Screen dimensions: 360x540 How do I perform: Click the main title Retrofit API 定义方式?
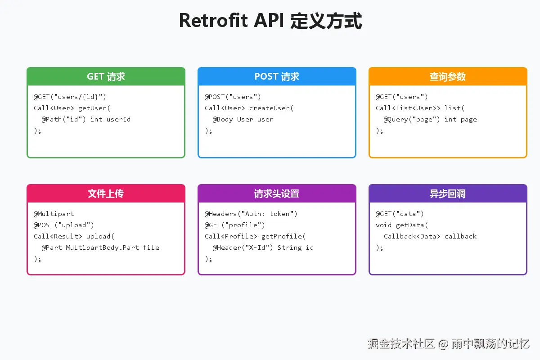pyautogui.click(x=270, y=21)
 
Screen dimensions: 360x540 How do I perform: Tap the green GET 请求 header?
pyautogui.click(x=106, y=76)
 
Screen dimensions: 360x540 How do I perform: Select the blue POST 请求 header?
pyautogui.click(x=277, y=76)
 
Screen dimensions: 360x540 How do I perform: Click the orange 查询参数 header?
pyautogui.click(x=448, y=76)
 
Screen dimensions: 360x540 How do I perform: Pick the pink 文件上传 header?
pyautogui.click(x=106, y=193)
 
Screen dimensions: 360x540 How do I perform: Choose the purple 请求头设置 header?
pyautogui.click(x=277, y=193)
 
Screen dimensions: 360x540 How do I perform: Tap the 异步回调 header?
pyautogui.click(x=448, y=193)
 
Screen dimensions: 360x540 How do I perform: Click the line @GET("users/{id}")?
pyautogui.click(x=70, y=97)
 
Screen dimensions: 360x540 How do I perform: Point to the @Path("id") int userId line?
pyautogui.click(x=86, y=119)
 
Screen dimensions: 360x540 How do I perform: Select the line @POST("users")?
pyautogui.click(x=233, y=97)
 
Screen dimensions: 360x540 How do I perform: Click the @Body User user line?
pyautogui.click(x=243, y=119)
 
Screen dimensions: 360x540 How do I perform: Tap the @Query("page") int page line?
pyautogui.click(x=430, y=119)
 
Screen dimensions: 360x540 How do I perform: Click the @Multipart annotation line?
pyautogui.click(x=54, y=214)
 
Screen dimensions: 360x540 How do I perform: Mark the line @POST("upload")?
pyautogui.click(x=64, y=225)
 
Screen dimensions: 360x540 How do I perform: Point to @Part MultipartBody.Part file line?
pyautogui.click(x=100, y=247)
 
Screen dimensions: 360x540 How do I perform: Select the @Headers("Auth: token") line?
pyautogui.click(x=251, y=214)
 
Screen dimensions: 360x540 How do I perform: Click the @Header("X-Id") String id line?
pyautogui.click(x=263, y=247)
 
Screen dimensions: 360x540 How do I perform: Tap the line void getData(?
pyautogui.click(x=402, y=225)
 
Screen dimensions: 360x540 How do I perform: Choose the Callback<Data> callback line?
pyautogui.click(x=430, y=236)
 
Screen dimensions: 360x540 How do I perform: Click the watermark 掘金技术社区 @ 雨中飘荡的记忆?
pyautogui.click(x=448, y=344)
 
